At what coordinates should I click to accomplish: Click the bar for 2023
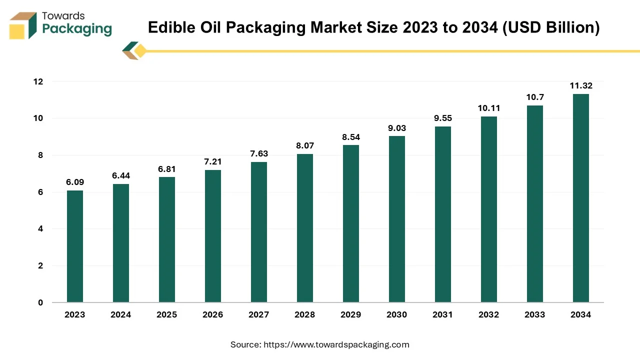pos(75,246)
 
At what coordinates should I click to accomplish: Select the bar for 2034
pos(581,198)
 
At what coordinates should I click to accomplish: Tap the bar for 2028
pos(305,228)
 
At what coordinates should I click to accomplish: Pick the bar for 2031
pos(443,214)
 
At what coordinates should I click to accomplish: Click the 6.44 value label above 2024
pos(121,175)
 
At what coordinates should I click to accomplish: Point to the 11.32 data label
pos(581,85)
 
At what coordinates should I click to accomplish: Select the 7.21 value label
pos(213,161)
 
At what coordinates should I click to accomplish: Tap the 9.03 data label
pos(397,128)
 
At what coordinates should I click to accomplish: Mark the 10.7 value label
pos(535,97)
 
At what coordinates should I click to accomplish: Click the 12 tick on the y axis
pos(38,81)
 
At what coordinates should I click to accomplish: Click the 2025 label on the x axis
pos(167,315)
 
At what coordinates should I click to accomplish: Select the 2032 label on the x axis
pos(489,315)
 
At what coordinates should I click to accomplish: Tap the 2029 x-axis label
pos(351,315)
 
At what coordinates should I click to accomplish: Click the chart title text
pos(373,27)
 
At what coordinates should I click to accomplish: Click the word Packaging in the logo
pos(77,28)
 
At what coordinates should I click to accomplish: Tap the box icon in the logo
pos(23,25)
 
